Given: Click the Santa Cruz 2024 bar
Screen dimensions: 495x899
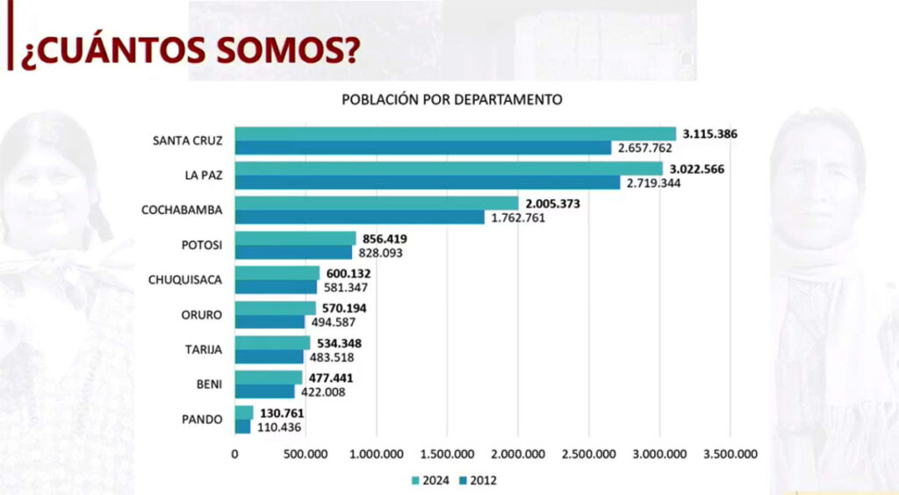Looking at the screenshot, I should [x=455, y=133].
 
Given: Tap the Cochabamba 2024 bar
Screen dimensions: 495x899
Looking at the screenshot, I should [x=377, y=204].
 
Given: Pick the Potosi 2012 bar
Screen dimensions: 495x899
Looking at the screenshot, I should [x=293, y=252].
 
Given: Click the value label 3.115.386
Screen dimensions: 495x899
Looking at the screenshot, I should [x=710, y=134].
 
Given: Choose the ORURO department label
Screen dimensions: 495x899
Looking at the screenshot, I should [x=203, y=315].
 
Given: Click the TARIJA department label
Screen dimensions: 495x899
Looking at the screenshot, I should [x=203, y=350].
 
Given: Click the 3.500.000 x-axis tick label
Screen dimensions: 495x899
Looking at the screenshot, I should [x=730, y=454].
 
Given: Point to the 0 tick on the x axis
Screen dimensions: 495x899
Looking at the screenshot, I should [x=234, y=454].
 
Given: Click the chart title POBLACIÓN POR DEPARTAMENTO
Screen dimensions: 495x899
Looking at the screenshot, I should [x=451, y=99].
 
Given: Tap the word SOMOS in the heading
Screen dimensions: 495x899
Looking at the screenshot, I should [x=260, y=52].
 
